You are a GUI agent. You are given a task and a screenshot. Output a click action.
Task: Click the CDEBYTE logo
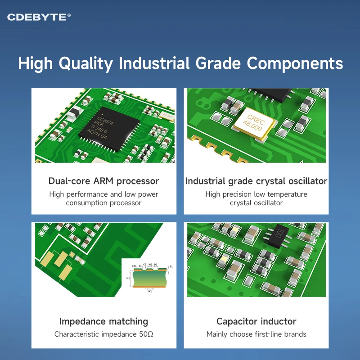click(x=39, y=17)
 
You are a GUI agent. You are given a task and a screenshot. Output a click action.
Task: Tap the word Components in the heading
click(x=295, y=63)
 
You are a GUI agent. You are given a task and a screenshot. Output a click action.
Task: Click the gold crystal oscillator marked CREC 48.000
click(x=253, y=120)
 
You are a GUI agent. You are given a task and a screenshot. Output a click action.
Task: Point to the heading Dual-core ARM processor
click(x=103, y=181)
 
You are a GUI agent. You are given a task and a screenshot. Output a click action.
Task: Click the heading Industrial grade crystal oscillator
click(x=256, y=181)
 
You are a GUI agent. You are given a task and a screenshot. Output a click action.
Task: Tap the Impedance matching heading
click(x=103, y=321)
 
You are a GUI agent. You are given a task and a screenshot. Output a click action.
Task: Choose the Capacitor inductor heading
click(x=256, y=321)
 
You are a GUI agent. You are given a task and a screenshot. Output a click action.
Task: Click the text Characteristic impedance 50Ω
click(x=103, y=334)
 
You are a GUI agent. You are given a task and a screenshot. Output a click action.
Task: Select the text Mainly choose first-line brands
click(x=256, y=334)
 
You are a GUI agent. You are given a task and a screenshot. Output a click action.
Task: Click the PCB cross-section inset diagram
click(x=148, y=278)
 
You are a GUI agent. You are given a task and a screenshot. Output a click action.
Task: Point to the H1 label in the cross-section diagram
click(x=128, y=278)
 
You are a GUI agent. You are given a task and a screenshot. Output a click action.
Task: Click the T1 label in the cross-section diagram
click(x=171, y=267)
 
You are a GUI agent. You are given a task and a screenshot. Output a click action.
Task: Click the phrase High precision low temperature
click(x=256, y=194)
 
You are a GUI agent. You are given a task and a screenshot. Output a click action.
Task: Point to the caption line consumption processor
click(x=103, y=203)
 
